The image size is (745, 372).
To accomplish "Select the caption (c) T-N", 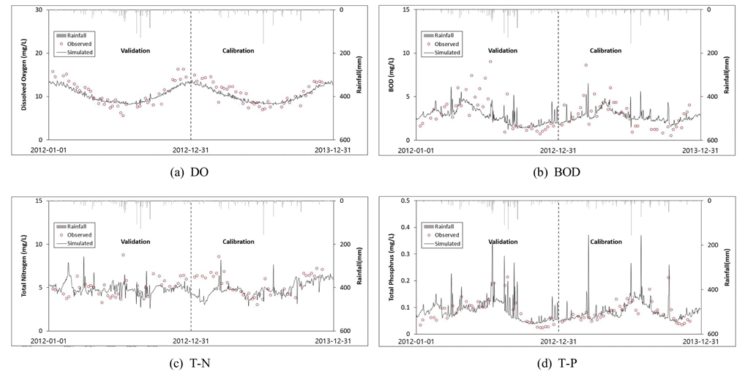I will pos(190,359).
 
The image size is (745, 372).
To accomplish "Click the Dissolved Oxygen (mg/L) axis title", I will pos(24,74).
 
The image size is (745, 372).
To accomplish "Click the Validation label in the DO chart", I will pos(135,51).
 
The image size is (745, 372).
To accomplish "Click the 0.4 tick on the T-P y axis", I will pos(405,201).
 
